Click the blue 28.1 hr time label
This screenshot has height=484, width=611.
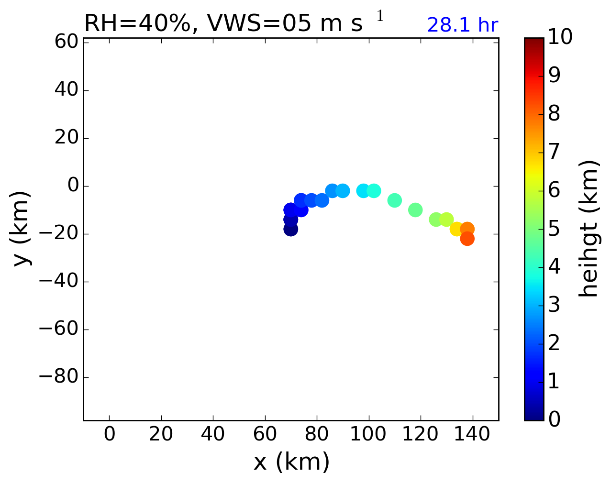pos(462,25)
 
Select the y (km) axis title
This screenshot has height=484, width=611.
pos(22,228)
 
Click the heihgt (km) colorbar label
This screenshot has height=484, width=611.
pos(588,228)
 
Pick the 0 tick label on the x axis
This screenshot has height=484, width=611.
pos(110,435)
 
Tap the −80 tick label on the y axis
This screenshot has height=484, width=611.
pos(57,377)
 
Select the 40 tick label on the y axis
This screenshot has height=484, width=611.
pos(67,90)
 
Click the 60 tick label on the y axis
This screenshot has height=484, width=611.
pos(67,43)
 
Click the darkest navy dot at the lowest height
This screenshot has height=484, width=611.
pos(290,229)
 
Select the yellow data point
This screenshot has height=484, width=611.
pos(456,229)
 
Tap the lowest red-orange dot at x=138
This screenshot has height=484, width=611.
pos(467,239)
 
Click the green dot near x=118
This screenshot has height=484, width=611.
pos(415,210)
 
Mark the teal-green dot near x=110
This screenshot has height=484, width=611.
pos(394,200)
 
